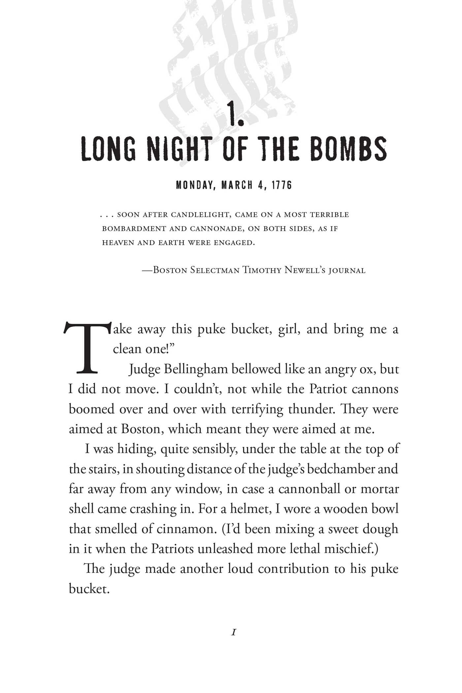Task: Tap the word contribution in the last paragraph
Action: coord(294,569)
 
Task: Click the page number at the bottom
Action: coord(234,632)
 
